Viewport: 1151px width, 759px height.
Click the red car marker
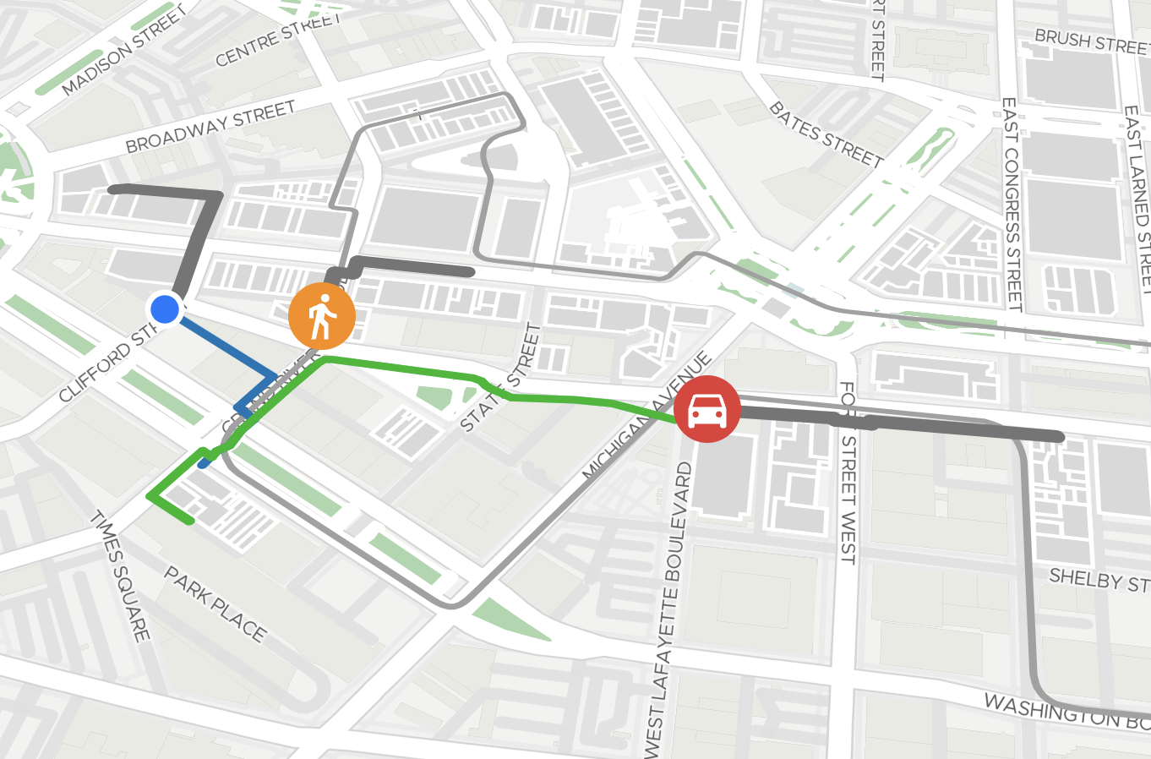click(707, 409)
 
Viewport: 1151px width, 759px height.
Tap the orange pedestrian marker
click(322, 316)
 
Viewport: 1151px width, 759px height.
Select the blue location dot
click(165, 309)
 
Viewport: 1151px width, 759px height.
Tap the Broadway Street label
click(210, 126)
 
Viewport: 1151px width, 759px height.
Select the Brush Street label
click(1091, 41)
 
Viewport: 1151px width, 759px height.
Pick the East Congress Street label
click(1011, 204)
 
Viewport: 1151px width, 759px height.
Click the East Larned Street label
click(1137, 199)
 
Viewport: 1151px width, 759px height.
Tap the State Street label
click(499, 378)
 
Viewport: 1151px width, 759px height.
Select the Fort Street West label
click(848, 472)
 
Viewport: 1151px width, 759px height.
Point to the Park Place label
click(215, 603)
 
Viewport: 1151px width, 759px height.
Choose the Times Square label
click(120, 576)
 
